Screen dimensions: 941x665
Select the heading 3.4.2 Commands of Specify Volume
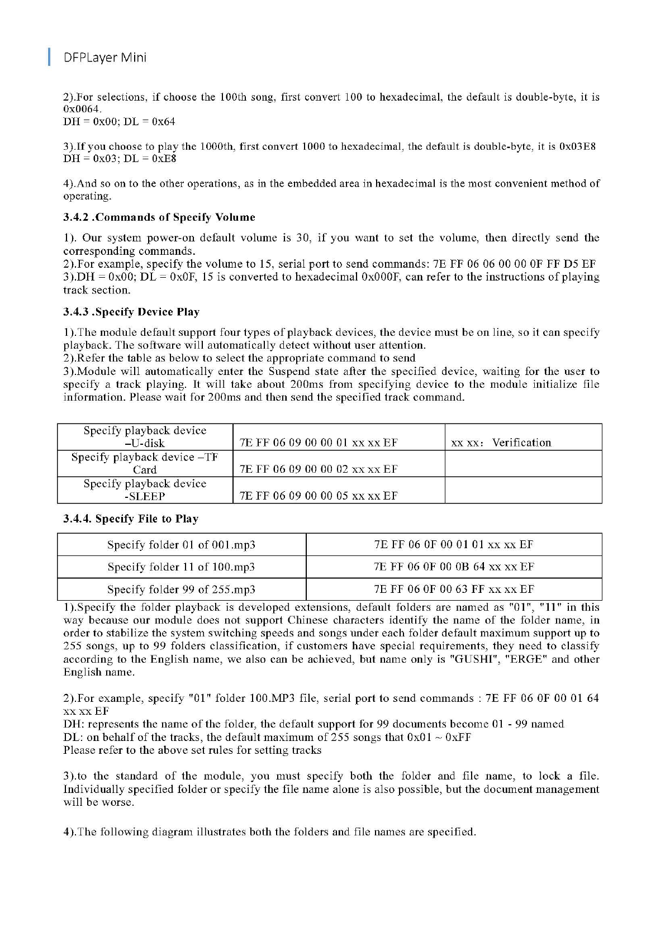tap(159, 217)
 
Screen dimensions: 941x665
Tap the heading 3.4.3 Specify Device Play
tap(131, 312)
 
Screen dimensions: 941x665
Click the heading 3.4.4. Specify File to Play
tap(130, 519)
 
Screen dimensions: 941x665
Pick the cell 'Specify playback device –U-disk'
tap(145, 437)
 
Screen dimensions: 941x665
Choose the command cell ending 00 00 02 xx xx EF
tap(319, 469)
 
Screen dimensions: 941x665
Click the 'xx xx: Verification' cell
tap(501, 443)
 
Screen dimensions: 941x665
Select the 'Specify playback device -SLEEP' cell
tap(145, 490)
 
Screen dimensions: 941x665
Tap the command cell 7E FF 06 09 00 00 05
tap(319, 496)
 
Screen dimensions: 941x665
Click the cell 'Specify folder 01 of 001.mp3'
tap(181, 545)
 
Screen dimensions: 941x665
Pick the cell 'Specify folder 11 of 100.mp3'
tap(181, 567)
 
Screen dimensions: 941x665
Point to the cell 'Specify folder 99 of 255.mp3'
tap(181, 590)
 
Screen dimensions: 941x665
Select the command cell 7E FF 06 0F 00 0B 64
tap(454, 567)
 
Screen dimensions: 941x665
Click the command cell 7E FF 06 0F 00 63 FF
tap(454, 589)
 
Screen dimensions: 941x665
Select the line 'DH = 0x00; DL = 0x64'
tap(119, 121)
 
